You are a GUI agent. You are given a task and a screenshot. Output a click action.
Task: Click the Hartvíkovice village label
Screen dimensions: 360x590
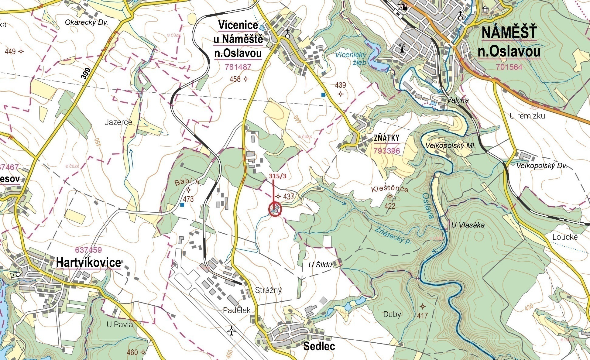[x=88, y=262]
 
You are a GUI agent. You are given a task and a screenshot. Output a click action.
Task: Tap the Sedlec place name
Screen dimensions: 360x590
[x=319, y=346]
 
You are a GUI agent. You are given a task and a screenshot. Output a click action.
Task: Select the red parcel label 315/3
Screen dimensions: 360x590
[x=277, y=176]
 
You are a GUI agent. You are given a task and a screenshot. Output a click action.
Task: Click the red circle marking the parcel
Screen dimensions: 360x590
[x=275, y=209]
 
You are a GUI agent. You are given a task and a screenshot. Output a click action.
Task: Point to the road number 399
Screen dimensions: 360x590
[x=86, y=74]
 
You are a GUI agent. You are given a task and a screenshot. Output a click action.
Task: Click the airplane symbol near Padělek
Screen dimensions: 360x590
[x=232, y=331]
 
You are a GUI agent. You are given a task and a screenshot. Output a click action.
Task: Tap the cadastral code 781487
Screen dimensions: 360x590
[x=238, y=67]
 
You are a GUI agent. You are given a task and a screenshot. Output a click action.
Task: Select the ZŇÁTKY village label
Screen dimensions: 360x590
[x=386, y=138]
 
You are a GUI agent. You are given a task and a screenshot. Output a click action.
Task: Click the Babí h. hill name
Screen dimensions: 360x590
[x=187, y=182]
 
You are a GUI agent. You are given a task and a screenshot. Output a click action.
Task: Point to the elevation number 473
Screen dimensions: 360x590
[x=188, y=199]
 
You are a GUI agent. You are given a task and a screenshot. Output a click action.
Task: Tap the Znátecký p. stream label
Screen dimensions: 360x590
[x=393, y=235]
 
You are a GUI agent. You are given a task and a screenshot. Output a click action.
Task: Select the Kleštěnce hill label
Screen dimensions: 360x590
[x=389, y=189]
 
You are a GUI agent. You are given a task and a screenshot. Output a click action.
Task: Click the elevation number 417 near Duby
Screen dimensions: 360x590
[x=422, y=316]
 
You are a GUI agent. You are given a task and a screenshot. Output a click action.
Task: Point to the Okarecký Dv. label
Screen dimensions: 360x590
[x=86, y=22]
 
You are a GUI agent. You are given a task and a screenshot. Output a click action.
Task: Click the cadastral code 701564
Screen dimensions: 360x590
[x=509, y=67]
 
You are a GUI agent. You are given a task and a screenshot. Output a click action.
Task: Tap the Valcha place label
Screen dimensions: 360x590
[x=458, y=100]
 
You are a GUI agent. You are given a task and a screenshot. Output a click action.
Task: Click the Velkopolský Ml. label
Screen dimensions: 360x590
[x=450, y=146]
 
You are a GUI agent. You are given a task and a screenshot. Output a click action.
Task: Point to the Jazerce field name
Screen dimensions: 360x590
[x=118, y=122]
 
